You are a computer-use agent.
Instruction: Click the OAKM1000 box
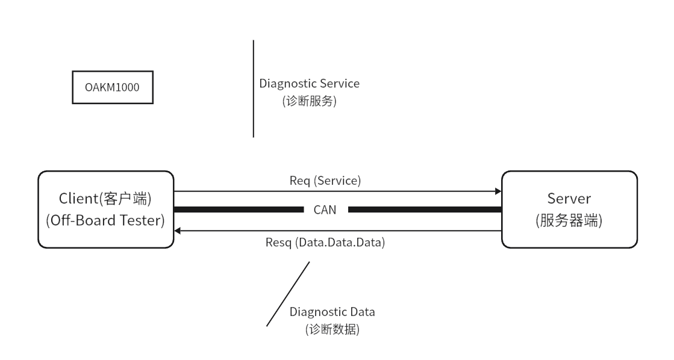[112, 87]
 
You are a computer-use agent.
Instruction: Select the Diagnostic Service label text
[308, 82]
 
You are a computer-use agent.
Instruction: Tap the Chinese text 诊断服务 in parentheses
[308, 101]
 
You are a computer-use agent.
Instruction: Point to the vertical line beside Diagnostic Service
[253, 88]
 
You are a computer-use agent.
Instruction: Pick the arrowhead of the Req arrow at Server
[498, 191]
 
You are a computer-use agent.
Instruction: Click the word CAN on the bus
[325, 209]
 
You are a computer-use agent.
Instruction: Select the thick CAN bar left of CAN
[239, 209]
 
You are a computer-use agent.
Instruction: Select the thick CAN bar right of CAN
[425, 209]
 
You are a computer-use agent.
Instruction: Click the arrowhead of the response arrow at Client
[178, 231]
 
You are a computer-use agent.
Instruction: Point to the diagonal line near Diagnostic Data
[288, 294]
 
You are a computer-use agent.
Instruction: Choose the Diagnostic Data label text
[332, 312]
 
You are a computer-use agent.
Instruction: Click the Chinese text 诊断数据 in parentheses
[332, 330]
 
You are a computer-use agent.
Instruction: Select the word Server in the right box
[569, 200]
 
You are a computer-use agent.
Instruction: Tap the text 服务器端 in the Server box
[569, 220]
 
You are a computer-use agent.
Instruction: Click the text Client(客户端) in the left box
[105, 200]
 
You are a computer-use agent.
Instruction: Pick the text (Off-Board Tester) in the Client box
[105, 220]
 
